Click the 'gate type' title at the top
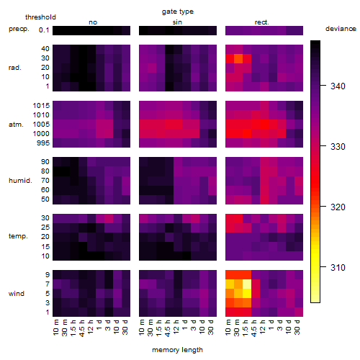[x=178, y=12]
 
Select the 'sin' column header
[x=177, y=22]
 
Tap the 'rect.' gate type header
[x=261, y=22]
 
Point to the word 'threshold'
[x=40, y=17]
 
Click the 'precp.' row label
[x=19, y=29]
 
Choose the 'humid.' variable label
[x=20, y=181]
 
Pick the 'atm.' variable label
[x=16, y=125]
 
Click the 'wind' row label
[x=17, y=294]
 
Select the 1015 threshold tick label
[x=41, y=106]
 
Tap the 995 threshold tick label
[x=43, y=143]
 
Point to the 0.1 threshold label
[x=44, y=30]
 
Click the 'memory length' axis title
[x=178, y=350]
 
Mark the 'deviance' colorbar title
[x=341, y=29]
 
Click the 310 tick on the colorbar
[x=338, y=267]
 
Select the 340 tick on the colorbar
[x=338, y=86]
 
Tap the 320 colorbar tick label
[x=338, y=207]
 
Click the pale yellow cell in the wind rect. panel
[x=247, y=284]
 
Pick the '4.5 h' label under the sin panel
[x=168, y=328]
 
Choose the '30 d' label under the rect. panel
[x=297, y=328]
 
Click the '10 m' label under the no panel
[x=55, y=328]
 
